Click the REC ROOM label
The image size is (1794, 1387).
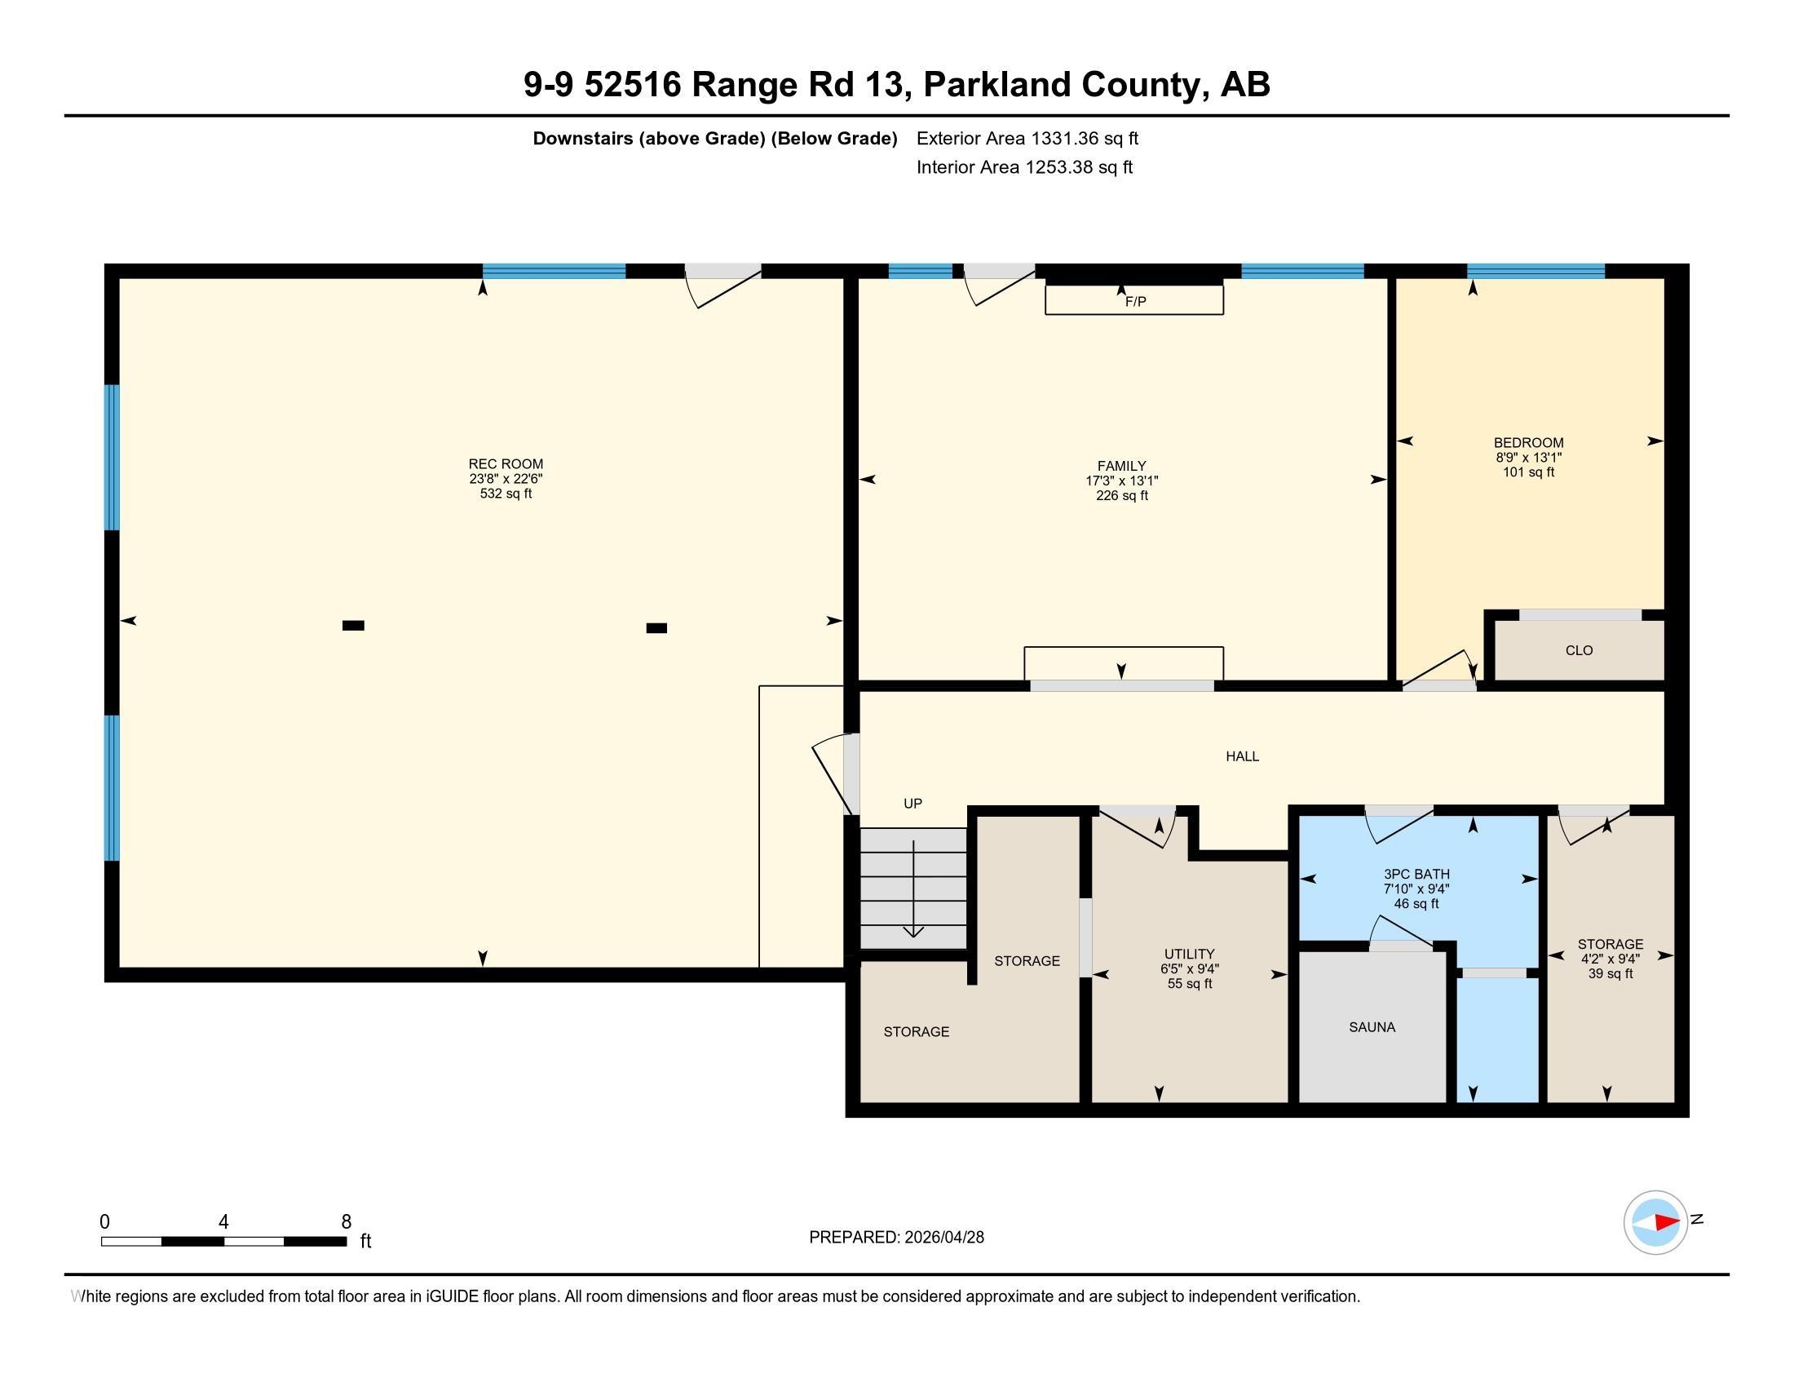point(506,463)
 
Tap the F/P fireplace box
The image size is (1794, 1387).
point(1133,300)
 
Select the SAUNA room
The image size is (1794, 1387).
point(1372,1027)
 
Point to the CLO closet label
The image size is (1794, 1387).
point(1579,651)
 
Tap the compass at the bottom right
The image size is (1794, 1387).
point(1655,1222)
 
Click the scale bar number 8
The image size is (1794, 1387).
point(346,1222)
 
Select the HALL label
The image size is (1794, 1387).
point(1242,756)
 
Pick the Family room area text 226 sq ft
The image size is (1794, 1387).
point(1121,495)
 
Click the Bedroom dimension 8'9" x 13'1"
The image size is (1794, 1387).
point(1528,458)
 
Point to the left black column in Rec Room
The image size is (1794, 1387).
point(353,625)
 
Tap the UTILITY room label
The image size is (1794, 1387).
point(1189,954)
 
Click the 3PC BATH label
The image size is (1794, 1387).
point(1416,875)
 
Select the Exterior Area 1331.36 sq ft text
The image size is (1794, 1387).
point(1027,138)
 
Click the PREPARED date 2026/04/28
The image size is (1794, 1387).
point(943,1237)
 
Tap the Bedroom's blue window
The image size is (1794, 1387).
point(1536,271)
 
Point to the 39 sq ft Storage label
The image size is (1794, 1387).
point(1610,973)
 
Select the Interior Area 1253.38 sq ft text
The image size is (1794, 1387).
point(1024,166)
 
